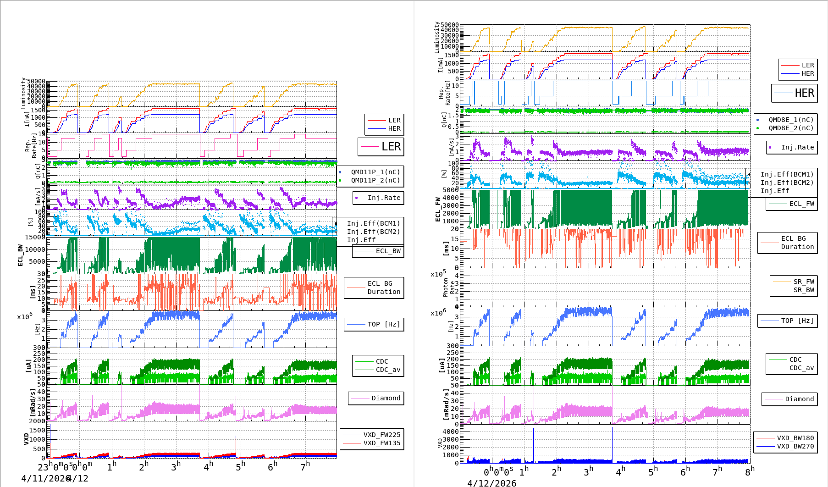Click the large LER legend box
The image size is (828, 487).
pyautogui.click(x=381, y=147)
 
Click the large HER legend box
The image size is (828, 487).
pyautogui.click(x=795, y=93)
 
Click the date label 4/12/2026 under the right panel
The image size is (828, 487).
pyautogui.click(x=491, y=483)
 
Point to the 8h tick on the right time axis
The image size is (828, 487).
pyautogui.click(x=749, y=471)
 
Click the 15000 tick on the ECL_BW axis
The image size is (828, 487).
pyautogui.click(x=35, y=237)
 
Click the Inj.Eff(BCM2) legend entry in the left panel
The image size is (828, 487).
pyautogui.click(x=373, y=232)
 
